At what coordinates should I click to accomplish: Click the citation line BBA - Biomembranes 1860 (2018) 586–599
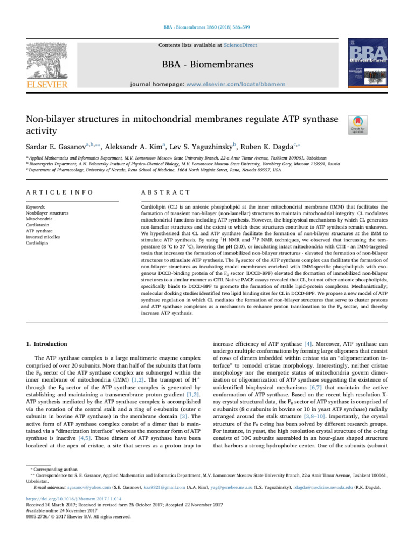coord(206,26)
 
